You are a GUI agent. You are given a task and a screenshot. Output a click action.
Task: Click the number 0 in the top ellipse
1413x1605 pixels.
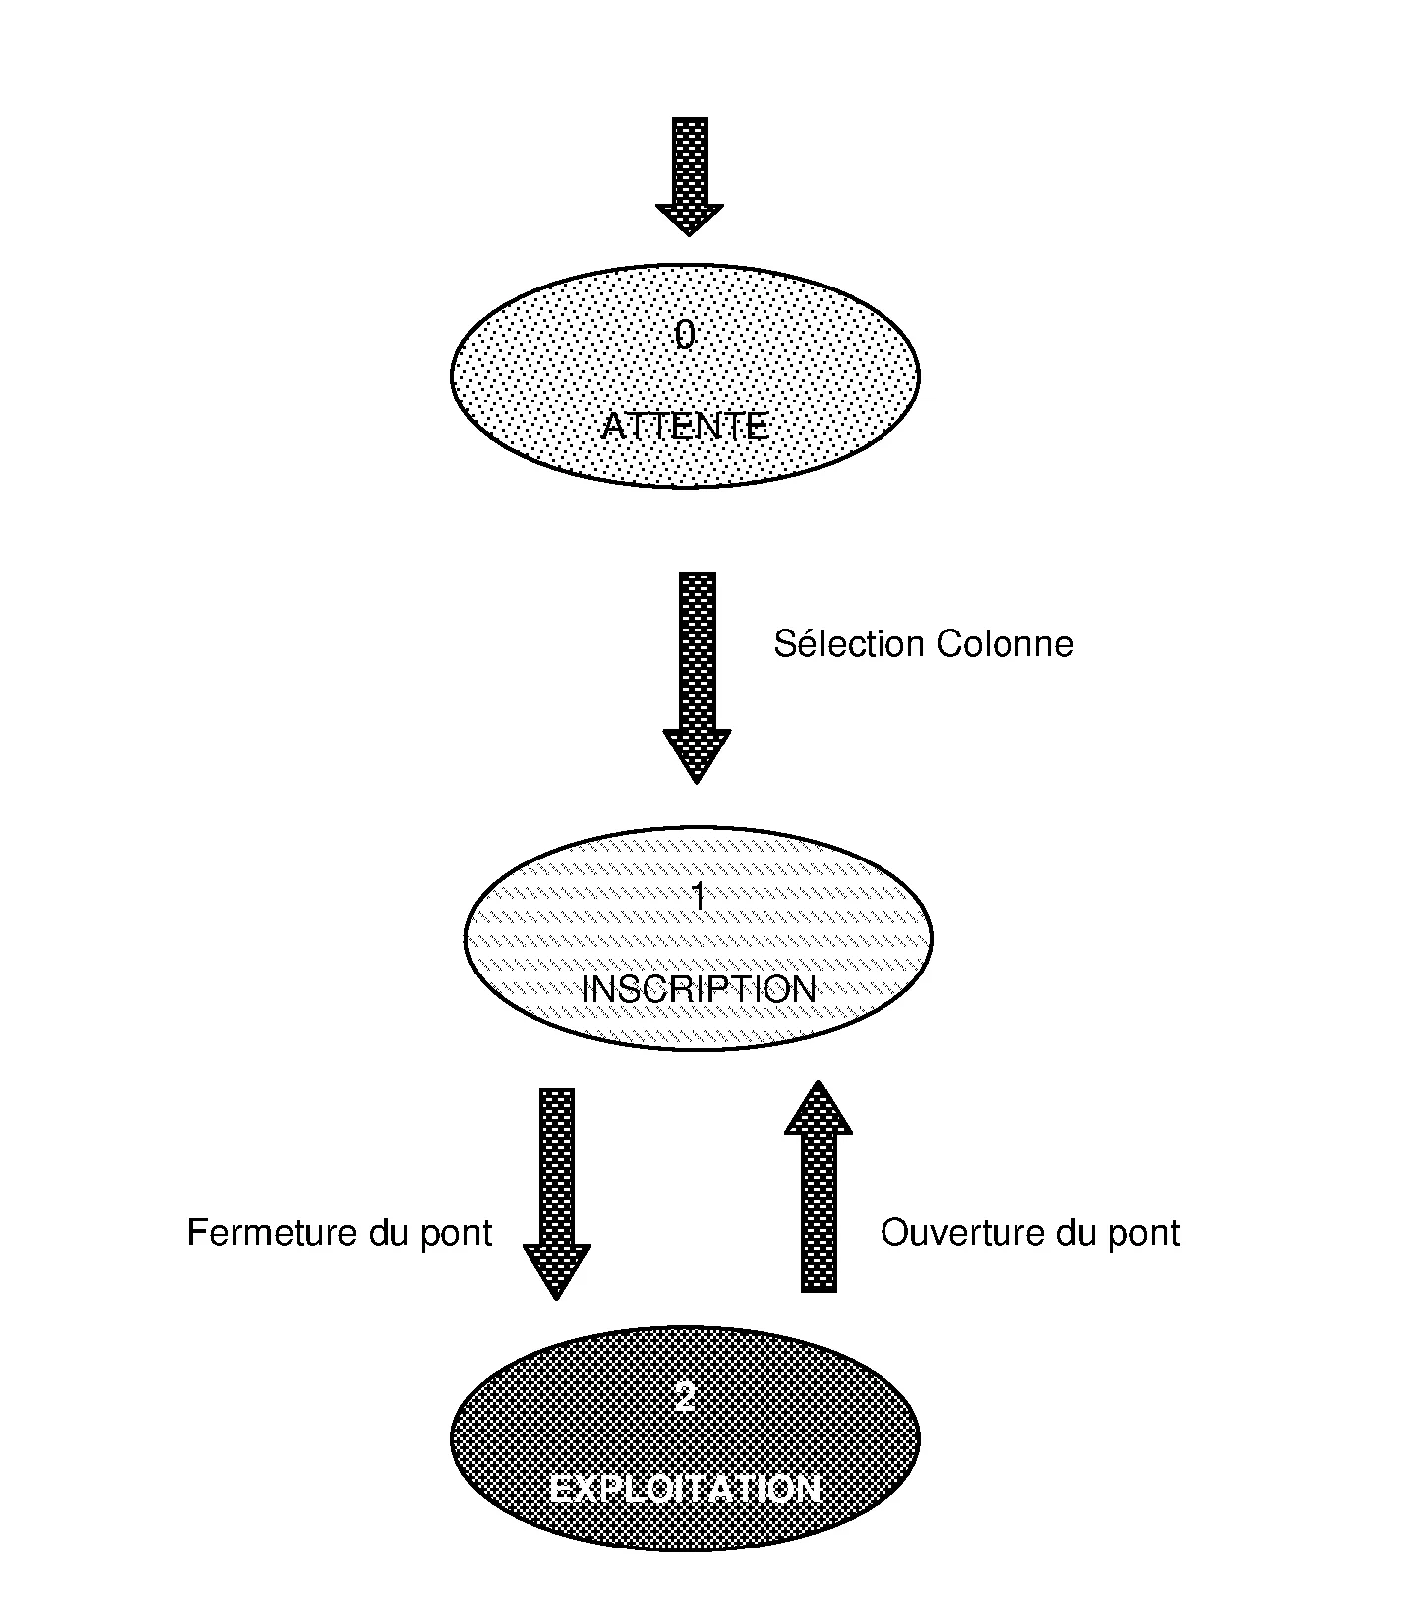click(685, 336)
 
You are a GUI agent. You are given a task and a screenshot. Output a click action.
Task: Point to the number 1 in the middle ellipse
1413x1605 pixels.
click(699, 897)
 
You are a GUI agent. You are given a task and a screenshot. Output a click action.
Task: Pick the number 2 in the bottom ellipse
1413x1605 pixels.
click(685, 1398)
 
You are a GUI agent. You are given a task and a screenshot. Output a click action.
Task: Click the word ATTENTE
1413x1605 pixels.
click(685, 427)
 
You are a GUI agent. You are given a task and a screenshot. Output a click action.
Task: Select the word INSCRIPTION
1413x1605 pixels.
click(699, 989)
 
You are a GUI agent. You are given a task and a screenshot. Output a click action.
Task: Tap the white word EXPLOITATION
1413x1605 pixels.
click(685, 1489)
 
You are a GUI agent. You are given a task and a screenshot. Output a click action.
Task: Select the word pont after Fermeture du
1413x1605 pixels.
click(456, 1234)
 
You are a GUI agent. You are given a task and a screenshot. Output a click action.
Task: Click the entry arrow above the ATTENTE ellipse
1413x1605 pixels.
click(689, 174)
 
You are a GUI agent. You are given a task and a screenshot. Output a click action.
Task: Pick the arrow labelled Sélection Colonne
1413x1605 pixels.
click(697, 674)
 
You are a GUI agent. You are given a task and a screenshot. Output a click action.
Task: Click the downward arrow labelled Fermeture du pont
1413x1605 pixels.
click(556, 1190)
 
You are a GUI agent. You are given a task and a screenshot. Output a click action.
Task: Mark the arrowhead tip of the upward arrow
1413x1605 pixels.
click(818, 1083)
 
